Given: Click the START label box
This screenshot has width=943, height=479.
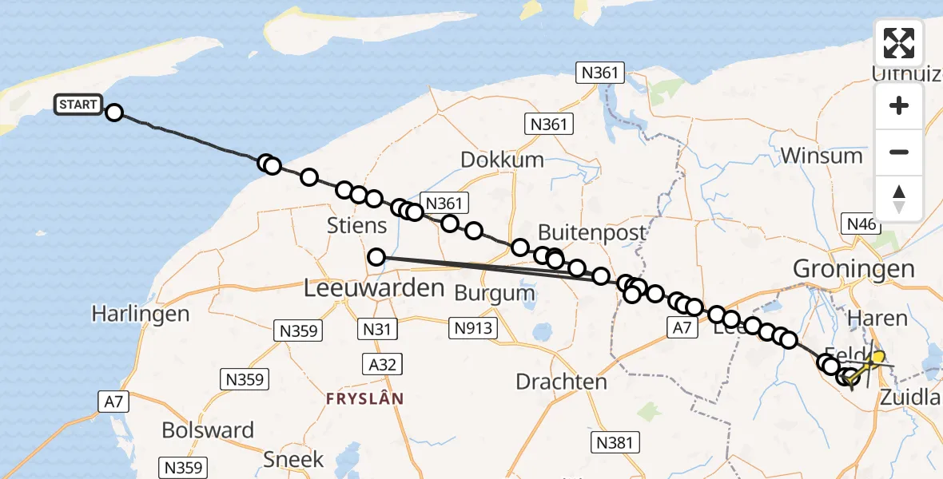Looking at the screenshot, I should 78,105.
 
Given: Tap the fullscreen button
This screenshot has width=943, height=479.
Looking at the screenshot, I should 899,43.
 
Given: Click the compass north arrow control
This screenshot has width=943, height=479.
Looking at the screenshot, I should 899,199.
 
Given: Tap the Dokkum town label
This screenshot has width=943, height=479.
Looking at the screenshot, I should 502,160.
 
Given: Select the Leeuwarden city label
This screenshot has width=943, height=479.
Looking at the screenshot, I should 374,288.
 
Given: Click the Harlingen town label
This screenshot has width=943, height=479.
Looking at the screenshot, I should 141,314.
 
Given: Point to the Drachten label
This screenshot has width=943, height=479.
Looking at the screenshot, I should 561,382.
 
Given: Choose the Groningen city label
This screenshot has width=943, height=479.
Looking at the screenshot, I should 853,269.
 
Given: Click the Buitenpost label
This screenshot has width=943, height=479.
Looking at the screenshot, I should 591,232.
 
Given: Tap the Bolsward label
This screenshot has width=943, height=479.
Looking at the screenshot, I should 208,430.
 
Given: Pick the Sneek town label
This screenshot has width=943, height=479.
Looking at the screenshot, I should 294,459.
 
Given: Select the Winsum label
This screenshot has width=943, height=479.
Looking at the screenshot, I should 822,155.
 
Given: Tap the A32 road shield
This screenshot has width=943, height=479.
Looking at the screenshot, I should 383,365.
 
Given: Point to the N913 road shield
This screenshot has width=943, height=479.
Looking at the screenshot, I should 475,327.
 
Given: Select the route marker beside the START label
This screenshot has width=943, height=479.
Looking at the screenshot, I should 114,113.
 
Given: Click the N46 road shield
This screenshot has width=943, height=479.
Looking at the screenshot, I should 861,224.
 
